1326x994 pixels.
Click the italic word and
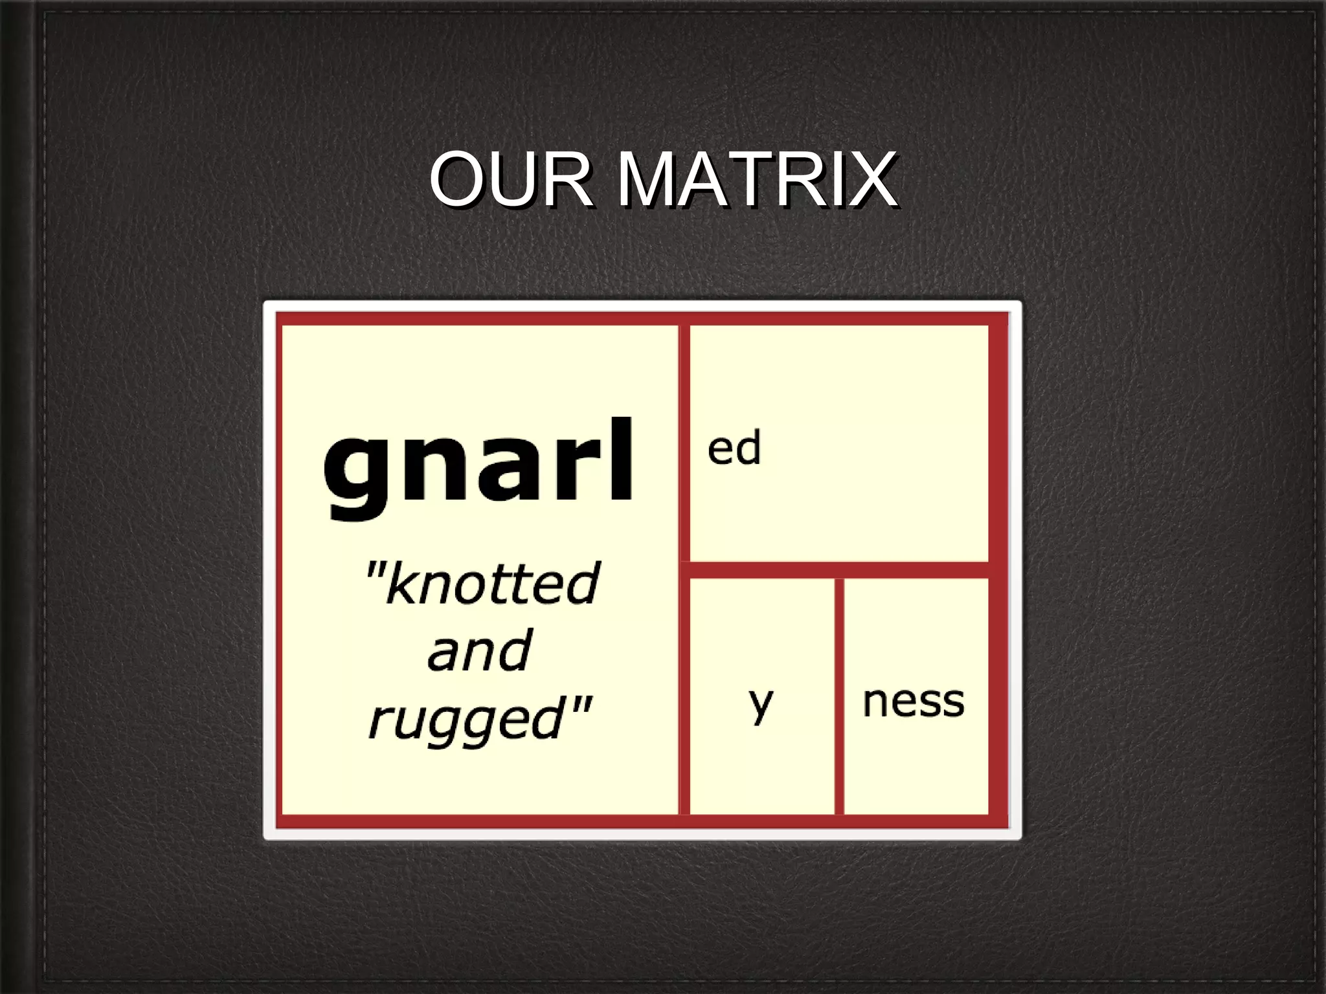tap(480, 650)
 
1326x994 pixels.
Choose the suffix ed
tap(734, 448)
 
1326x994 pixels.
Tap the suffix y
tap(761, 703)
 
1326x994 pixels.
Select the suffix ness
tap(913, 701)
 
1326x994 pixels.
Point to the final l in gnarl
tap(622, 459)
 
